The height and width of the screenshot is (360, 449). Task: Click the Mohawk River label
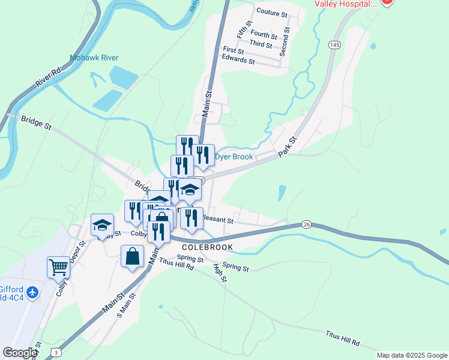[x=94, y=58]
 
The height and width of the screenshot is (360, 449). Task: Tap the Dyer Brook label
[x=234, y=157]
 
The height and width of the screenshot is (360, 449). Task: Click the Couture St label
[x=272, y=11]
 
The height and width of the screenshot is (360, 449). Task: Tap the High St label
[x=218, y=274]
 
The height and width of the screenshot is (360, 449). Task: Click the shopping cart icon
[x=59, y=266]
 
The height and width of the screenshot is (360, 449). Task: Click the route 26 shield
[x=306, y=224]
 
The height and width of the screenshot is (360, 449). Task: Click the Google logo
[x=20, y=353]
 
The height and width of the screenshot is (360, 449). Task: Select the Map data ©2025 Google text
[x=411, y=355]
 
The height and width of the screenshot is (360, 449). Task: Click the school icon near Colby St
[x=102, y=225]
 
